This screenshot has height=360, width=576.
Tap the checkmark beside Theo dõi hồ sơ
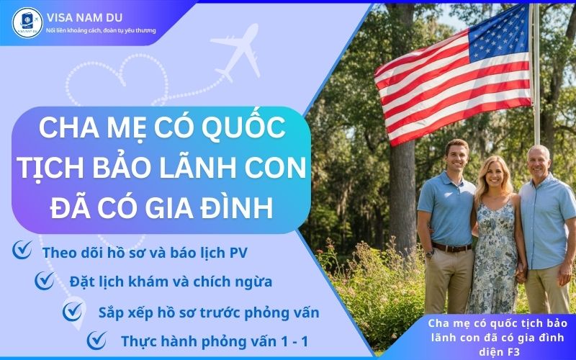pos(23,252)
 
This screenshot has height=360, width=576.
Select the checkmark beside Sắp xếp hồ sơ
pos(73,312)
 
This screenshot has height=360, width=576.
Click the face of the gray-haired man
pos(539,161)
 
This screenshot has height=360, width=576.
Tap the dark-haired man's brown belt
pos(452,247)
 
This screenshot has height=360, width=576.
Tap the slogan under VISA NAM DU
pos(100,31)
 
